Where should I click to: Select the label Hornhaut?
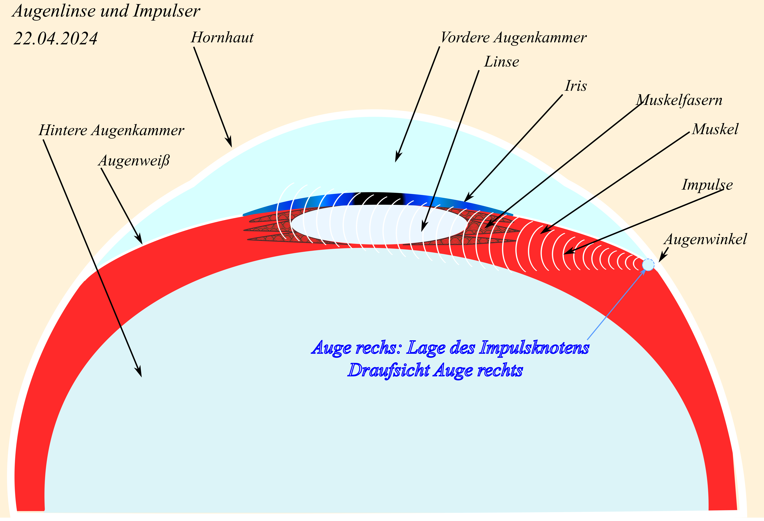pos(222,38)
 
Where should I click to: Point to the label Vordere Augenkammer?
pos(513,38)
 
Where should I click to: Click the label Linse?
pos(501,62)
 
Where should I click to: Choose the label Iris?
pos(576,86)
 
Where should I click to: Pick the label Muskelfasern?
pos(679,100)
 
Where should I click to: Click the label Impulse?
pos(707,184)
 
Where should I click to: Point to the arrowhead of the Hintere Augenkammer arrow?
pos(140,373)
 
